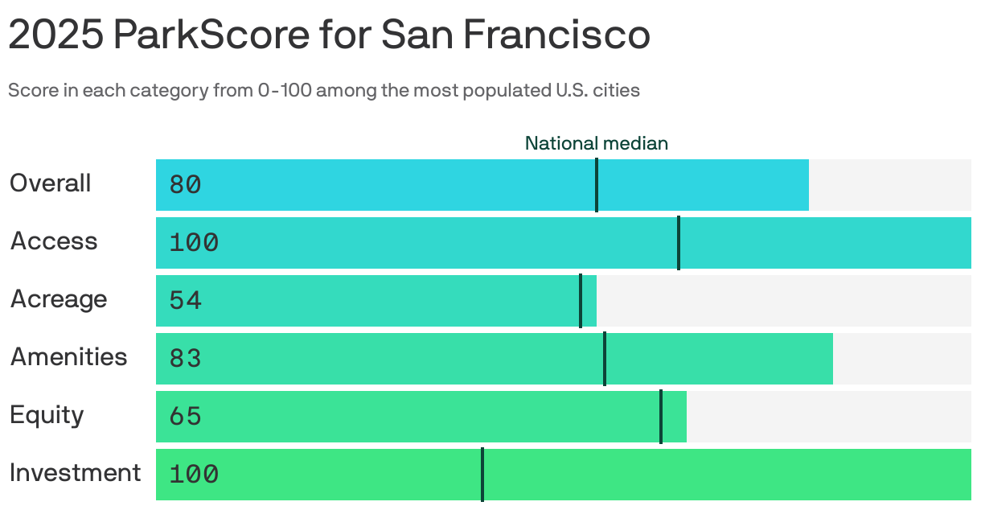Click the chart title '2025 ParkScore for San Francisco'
(329, 35)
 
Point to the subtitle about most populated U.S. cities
(323, 90)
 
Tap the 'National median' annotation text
(596, 143)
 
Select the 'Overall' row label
(50, 183)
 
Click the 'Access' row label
(53, 241)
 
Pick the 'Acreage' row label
(58, 299)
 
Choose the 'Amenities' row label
(68, 357)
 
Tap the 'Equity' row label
(47, 416)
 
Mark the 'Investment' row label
(75, 473)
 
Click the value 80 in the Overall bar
(185, 185)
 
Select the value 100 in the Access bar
(194, 243)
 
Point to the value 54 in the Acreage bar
(185, 301)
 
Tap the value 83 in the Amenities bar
(185, 359)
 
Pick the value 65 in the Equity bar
(185, 417)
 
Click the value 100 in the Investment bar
(194, 475)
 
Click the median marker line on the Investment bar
(482, 475)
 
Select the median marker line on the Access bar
(679, 243)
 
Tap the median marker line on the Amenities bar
(605, 359)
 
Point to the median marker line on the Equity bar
(661, 417)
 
